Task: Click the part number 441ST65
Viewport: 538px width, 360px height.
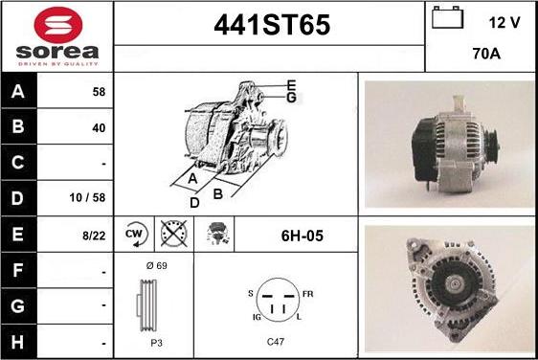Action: [272, 25]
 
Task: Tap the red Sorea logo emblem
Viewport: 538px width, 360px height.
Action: [58, 25]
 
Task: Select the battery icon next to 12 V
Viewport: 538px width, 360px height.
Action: [447, 17]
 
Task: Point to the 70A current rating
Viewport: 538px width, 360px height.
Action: [486, 54]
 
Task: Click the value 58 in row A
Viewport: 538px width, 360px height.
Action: [99, 92]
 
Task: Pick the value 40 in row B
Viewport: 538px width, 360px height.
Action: [99, 128]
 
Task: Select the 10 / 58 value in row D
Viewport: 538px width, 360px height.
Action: [87, 197]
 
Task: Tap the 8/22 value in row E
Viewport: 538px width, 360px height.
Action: [94, 236]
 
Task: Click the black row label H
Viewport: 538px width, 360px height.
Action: [18, 342]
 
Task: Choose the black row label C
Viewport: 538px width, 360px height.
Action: [18, 163]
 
